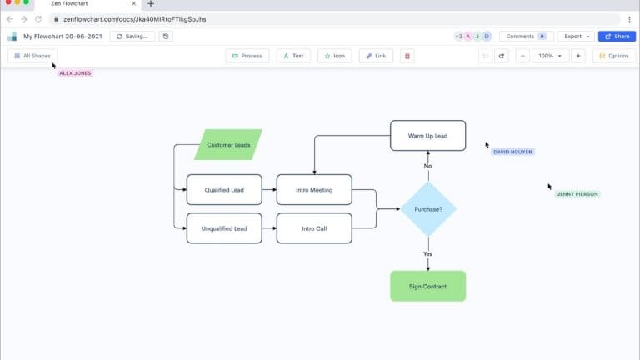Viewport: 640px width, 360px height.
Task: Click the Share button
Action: pos(617,37)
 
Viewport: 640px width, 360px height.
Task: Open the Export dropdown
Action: pos(577,37)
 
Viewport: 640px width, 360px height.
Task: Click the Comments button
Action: pos(526,37)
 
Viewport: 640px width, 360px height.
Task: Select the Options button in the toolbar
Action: pos(613,56)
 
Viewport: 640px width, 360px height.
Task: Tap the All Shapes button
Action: pos(32,56)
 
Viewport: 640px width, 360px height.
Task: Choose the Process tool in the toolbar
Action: pos(247,56)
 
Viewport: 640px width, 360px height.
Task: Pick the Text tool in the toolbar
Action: pos(292,56)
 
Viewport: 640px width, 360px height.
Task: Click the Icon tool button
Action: pos(335,56)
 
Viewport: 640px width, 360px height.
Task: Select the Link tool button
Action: pos(376,56)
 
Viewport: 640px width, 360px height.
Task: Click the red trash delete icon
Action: pos(407,56)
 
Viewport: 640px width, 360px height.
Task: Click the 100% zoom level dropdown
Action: pos(549,56)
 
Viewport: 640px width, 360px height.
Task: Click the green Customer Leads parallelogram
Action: pos(227,145)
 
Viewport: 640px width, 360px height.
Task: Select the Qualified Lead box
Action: pos(224,190)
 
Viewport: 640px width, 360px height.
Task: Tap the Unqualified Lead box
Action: pos(224,228)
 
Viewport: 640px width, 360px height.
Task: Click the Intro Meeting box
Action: pos(314,190)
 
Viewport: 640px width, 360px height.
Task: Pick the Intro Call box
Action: pos(314,228)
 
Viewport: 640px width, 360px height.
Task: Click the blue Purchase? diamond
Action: pos(428,209)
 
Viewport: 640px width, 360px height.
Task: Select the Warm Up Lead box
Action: pos(427,136)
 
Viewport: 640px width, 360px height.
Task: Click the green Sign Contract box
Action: pos(427,286)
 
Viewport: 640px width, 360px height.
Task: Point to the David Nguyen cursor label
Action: pos(512,152)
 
